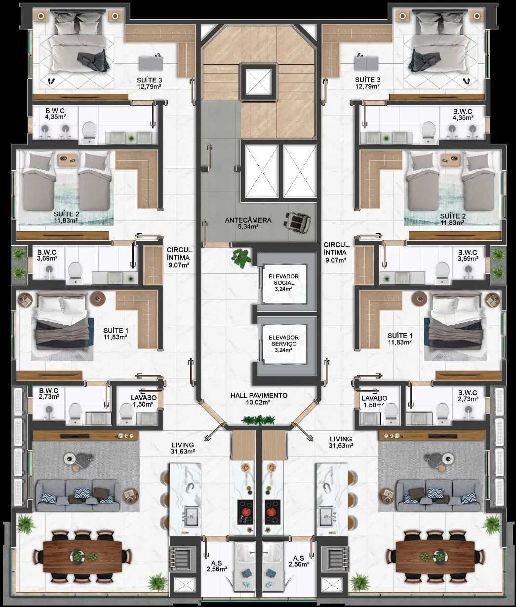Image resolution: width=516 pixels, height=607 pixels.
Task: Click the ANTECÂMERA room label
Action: coord(248,220)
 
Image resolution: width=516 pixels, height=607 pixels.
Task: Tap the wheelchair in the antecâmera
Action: coord(297,220)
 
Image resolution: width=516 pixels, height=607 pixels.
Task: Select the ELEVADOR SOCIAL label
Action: coord(283,280)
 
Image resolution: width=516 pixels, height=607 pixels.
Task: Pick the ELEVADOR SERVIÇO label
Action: coord(283,341)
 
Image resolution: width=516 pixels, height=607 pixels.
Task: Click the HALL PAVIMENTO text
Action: coord(259,395)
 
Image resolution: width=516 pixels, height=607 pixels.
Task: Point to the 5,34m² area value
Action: coord(248,227)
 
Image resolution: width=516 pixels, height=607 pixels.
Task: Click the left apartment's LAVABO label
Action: coord(144,398)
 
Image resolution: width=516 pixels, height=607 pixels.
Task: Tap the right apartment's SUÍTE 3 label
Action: coord(367,79)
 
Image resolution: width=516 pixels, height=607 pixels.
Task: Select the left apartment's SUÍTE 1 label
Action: coord(116,331)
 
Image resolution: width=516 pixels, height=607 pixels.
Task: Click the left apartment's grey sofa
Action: coord(78,495)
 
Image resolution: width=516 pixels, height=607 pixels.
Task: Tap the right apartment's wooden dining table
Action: coord(435,557)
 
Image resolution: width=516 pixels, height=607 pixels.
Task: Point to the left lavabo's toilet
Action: coord(126,413)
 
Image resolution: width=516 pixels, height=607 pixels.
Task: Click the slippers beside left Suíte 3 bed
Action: coord(51,81)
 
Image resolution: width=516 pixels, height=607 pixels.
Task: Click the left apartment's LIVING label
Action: coord(183,445)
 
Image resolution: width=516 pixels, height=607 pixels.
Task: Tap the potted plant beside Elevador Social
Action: coord(241,258)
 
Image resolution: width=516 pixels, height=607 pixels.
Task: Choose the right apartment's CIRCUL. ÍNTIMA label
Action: coord(337,248)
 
